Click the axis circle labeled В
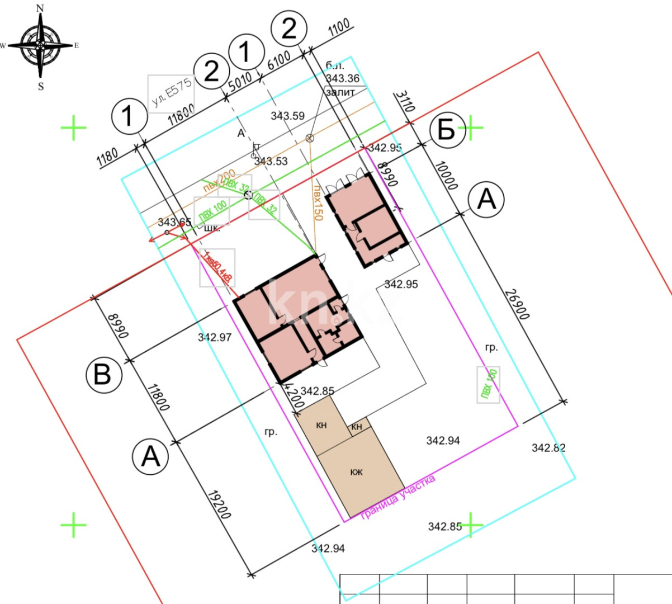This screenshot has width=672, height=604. pos(103,374)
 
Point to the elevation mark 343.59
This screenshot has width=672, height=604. pos(287,116)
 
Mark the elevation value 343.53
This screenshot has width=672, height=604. pos(271,161)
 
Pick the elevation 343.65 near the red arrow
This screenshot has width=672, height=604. pos(174,222)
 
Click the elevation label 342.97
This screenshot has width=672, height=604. pos(215,337)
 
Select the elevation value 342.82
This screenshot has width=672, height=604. pos(548,447)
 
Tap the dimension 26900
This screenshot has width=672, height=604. pos(517,304)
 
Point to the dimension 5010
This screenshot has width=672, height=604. pos(240,82)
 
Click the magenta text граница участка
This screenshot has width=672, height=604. pos(397,497)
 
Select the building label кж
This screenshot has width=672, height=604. pos(357,472)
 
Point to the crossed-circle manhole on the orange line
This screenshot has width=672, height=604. pos(309,138)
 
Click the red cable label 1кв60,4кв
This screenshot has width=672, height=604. pos(217,267)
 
